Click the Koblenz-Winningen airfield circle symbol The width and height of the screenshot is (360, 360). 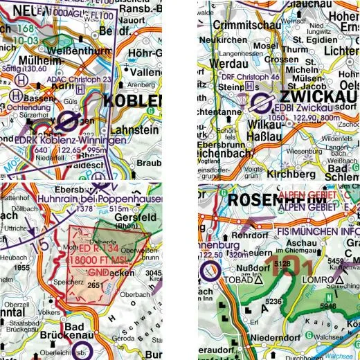[68, 123]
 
